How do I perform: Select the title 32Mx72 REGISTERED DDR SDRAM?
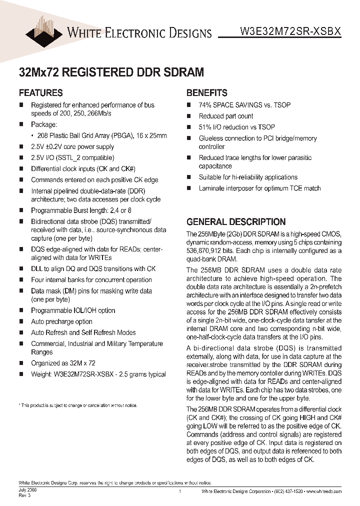click(111, 72)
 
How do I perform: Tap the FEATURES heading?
click(40, 93)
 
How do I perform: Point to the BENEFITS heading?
click(206, 93)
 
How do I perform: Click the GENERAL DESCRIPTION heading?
click(236, 222)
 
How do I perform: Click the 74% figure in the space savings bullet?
click(205, 105)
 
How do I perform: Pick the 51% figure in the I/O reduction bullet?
click(205, 127)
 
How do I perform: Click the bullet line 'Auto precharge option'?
click(61, 321)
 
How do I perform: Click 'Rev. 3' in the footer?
click(24, 495)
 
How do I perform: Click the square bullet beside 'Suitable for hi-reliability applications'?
click(189, 177)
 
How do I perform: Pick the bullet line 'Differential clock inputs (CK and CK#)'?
click(82, 169)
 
